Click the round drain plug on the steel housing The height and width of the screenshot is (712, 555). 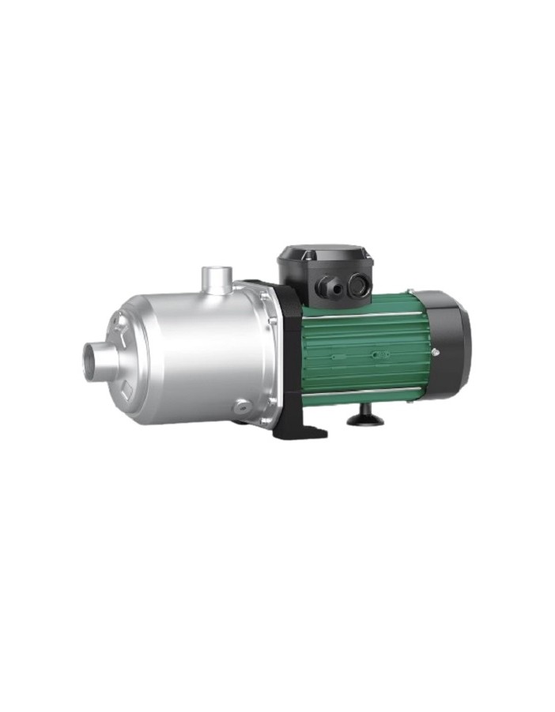click(x=242, y=407)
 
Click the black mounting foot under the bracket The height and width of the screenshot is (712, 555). click(x=304, y=431)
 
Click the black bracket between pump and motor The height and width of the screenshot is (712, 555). click(x=289, y=356)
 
